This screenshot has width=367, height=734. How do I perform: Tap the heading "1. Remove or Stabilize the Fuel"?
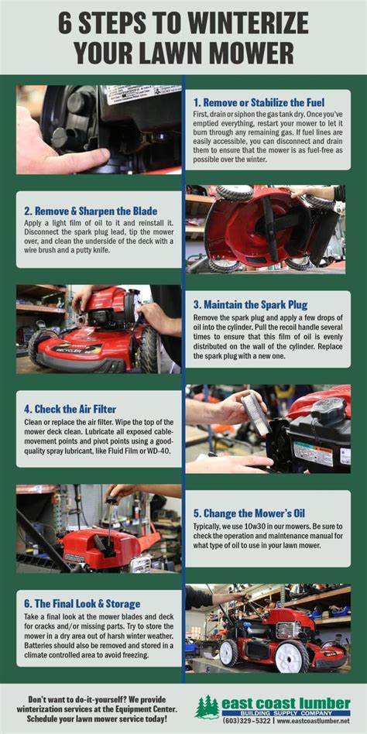259,102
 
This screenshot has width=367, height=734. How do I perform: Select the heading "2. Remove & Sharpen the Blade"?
91,211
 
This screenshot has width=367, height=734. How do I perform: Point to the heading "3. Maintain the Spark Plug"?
250,305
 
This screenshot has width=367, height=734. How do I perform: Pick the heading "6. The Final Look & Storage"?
82,603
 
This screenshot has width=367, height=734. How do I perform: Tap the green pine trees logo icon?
207,707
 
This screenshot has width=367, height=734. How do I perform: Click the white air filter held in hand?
255,413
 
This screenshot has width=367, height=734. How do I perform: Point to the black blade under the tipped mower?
272,229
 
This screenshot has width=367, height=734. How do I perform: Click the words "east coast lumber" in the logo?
286,703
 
